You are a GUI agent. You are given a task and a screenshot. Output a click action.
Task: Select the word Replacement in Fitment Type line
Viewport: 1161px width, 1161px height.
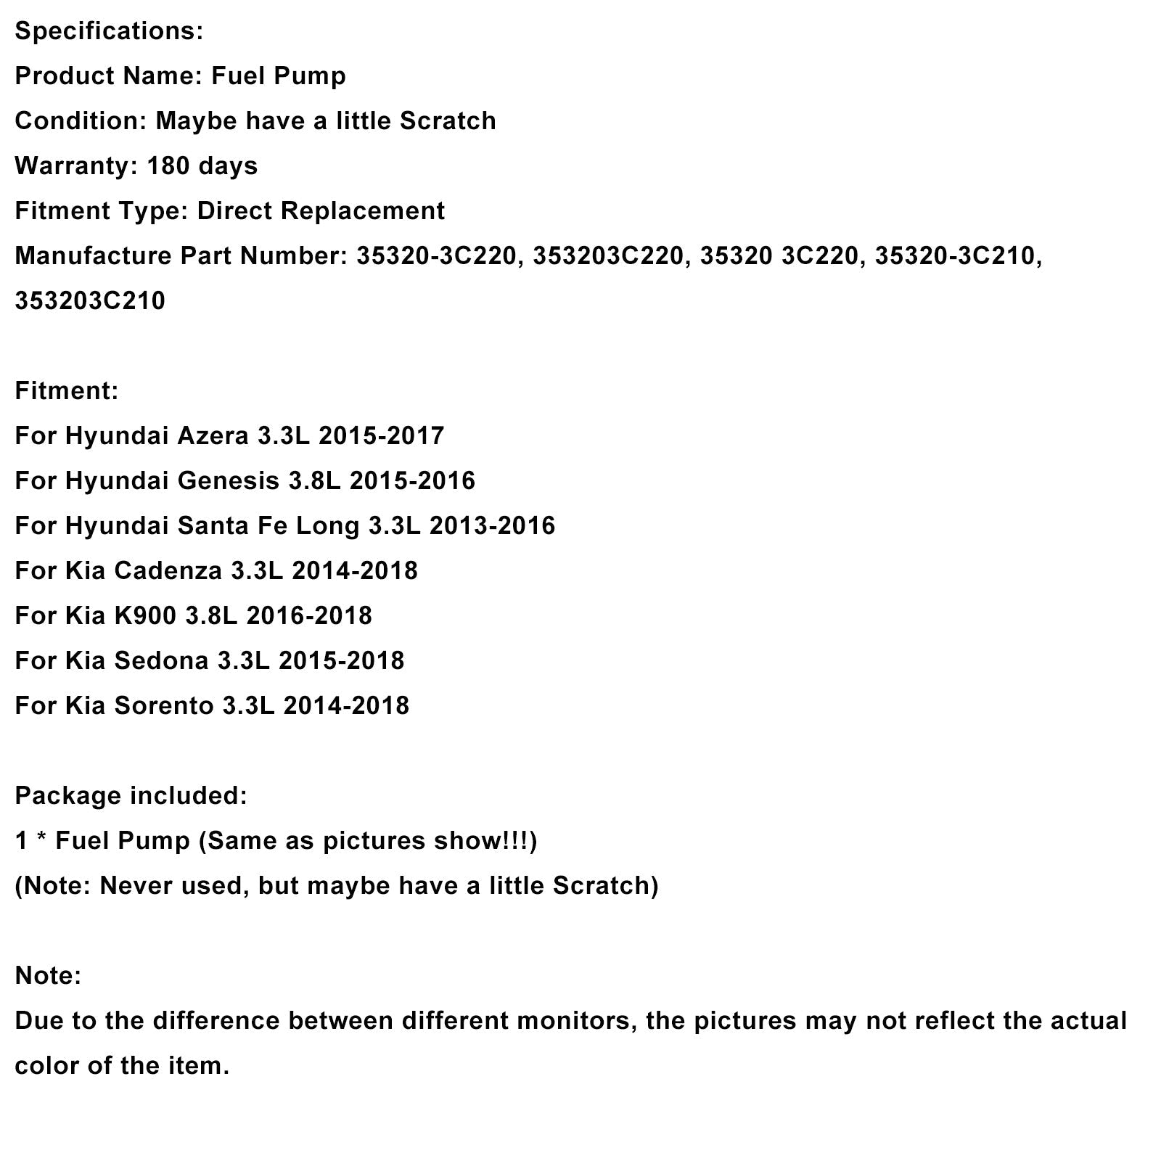pos(362,211)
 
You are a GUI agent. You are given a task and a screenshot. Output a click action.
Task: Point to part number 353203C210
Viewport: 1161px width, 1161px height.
pos(90,301)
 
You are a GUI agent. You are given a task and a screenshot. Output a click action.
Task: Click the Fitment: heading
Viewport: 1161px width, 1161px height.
pos(66,391)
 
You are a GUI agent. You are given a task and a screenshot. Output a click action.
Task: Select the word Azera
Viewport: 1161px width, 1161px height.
pos(213,436)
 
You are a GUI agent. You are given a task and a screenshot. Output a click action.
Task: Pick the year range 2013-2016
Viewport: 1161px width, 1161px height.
pos(492,526)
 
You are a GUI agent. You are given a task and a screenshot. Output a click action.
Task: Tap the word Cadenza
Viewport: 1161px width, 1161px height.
pos(168,571)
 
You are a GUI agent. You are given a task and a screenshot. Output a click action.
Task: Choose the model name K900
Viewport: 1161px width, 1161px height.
pos(145,616)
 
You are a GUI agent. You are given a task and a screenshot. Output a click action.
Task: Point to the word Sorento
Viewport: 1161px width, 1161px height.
pos(163,706)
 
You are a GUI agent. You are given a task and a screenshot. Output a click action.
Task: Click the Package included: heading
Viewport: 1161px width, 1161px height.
pos(131,796)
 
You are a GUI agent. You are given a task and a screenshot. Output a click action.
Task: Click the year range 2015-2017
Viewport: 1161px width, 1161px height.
pos(381,436)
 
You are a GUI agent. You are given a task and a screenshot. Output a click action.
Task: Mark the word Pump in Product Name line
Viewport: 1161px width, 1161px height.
pos(313,76)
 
